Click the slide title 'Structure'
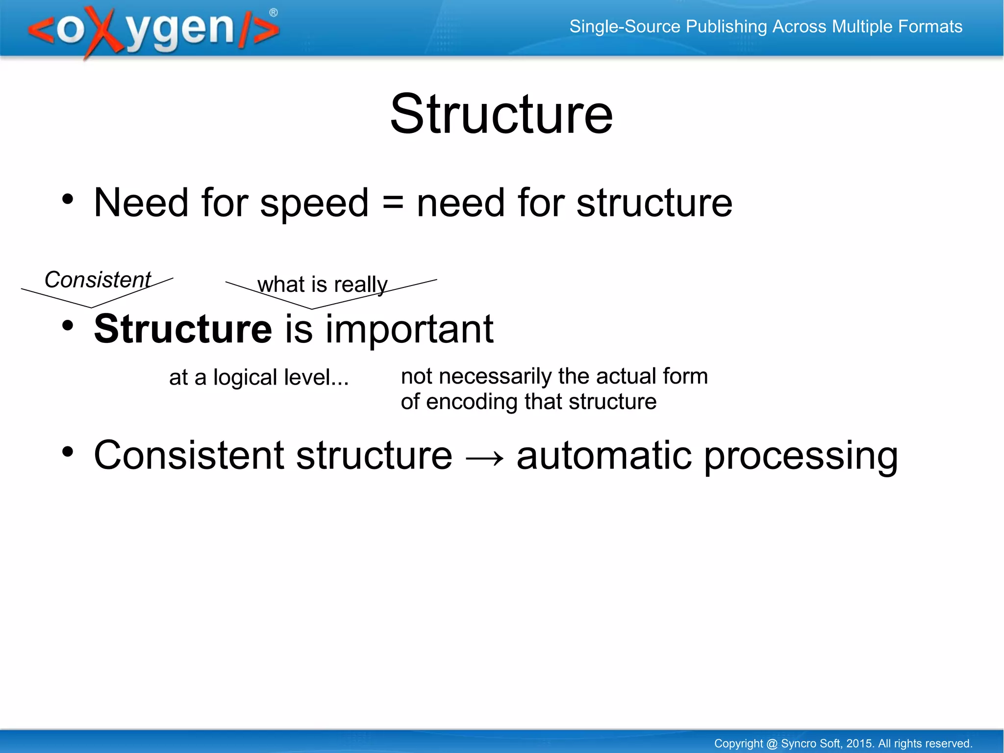pos(501,114)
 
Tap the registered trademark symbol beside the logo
pos(274,13)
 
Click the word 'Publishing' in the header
pos(726,26)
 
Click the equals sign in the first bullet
pos(392,203)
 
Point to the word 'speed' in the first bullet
pos(314,203)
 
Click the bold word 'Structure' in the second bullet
pos(183,329)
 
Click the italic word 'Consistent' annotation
pos(98,280)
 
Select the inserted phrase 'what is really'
pos(322,285)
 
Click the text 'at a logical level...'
pos(259,378)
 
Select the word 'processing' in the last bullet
pos(801,457)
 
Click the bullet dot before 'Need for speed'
pos(68,200)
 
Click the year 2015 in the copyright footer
pos(859,744)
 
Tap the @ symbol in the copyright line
pos(772,744)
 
